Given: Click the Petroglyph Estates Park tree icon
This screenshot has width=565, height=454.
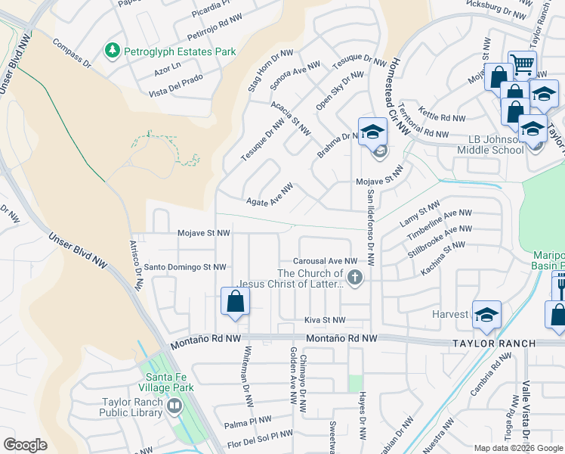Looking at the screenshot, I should click(113, 51).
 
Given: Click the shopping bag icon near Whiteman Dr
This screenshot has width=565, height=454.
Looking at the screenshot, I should click(236, 301).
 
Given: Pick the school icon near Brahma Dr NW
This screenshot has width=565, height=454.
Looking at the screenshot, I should click(372, 132).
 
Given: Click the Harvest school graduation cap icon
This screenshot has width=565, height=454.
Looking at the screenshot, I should click(487, 314).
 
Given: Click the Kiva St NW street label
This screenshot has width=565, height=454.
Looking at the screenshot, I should click(325, 321).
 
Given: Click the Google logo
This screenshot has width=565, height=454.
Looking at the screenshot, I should click(25, 444).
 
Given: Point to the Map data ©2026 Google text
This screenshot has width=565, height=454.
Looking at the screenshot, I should click(517, 448).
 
